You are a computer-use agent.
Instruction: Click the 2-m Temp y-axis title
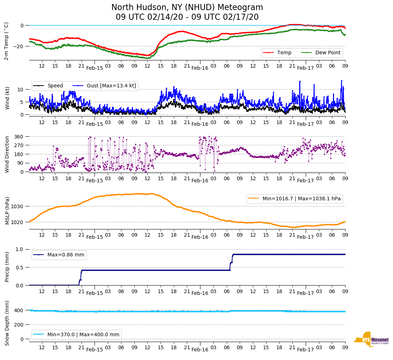pyautogui.click(x=6, y=41)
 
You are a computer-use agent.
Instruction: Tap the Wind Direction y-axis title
pyautogui.click(x=6, y=154)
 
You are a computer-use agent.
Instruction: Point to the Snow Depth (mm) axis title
pyautogui.click(x=6, y=323)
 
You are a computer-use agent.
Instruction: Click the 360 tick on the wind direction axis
pyautogui.click(x=19, y=137)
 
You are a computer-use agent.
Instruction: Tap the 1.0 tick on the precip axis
pyautogui.click(x=20, y=250)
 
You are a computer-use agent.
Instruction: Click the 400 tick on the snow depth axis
pyautogui.click(x=19, y=310)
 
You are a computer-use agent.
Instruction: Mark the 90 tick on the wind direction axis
pyautogui.click(x=20, y=163)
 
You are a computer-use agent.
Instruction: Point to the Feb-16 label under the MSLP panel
pyautogui.click(x=200, y=237)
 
